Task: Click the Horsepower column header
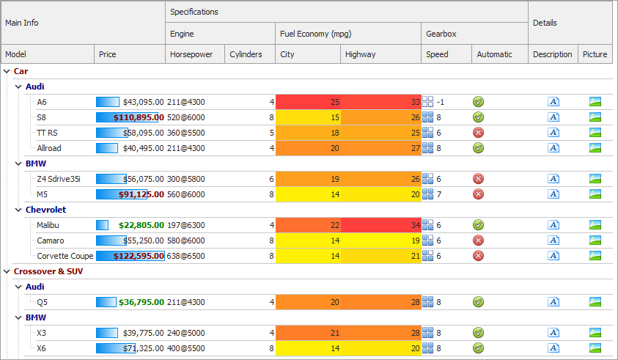[x=191, y=54]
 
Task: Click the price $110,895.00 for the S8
[x=138, y=117]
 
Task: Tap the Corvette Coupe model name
[x=65, y=256]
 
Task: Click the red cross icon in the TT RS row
[x=478, y=133]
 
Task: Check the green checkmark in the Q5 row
[x=478, y=301]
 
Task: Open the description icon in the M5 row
[x=553, y=194]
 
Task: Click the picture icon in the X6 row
[x=595, y=348]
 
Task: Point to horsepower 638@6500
[x=186, y=256]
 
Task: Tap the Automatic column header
[x=494, y=54]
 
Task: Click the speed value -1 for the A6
[x=441, y=102]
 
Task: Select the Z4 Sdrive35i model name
[x=59, y=179]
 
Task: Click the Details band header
[x=545, y=23]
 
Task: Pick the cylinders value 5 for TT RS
[x=271, y=133]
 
